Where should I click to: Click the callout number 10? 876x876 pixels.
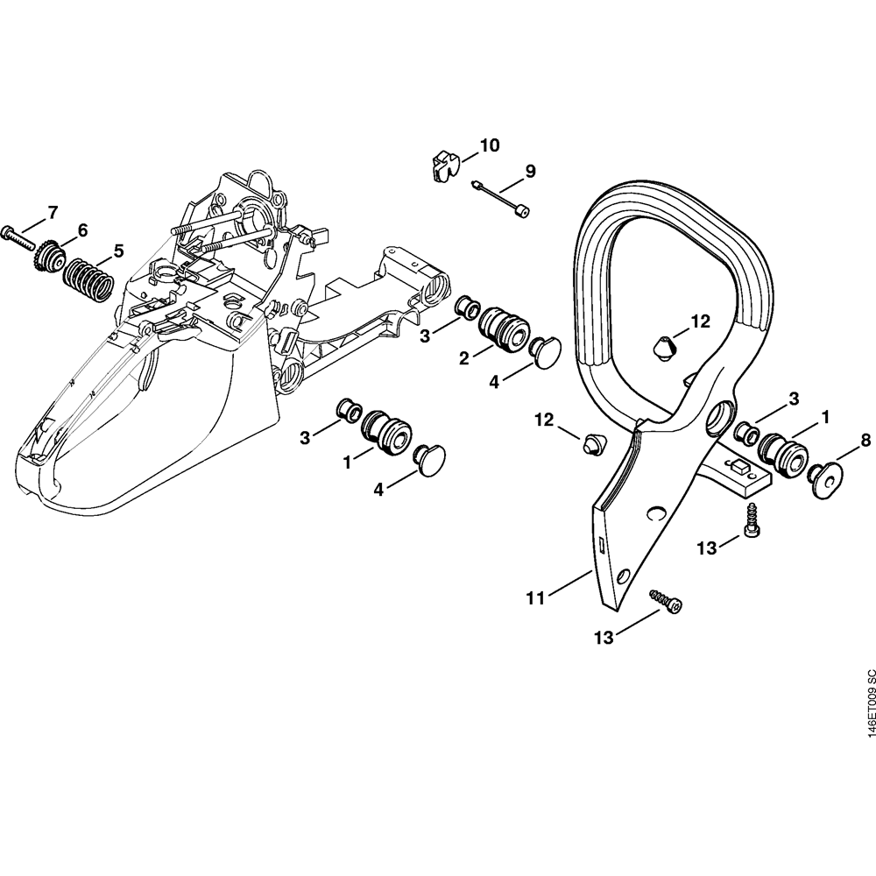point(489,145)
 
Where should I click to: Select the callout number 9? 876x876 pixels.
point(530,171)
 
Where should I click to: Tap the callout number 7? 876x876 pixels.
point(53,212)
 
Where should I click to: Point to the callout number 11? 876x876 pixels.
point(535,598)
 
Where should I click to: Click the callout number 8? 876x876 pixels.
point(865,441)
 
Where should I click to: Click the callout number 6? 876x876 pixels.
point(82,230)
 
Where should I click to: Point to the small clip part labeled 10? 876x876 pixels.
point(443,165)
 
